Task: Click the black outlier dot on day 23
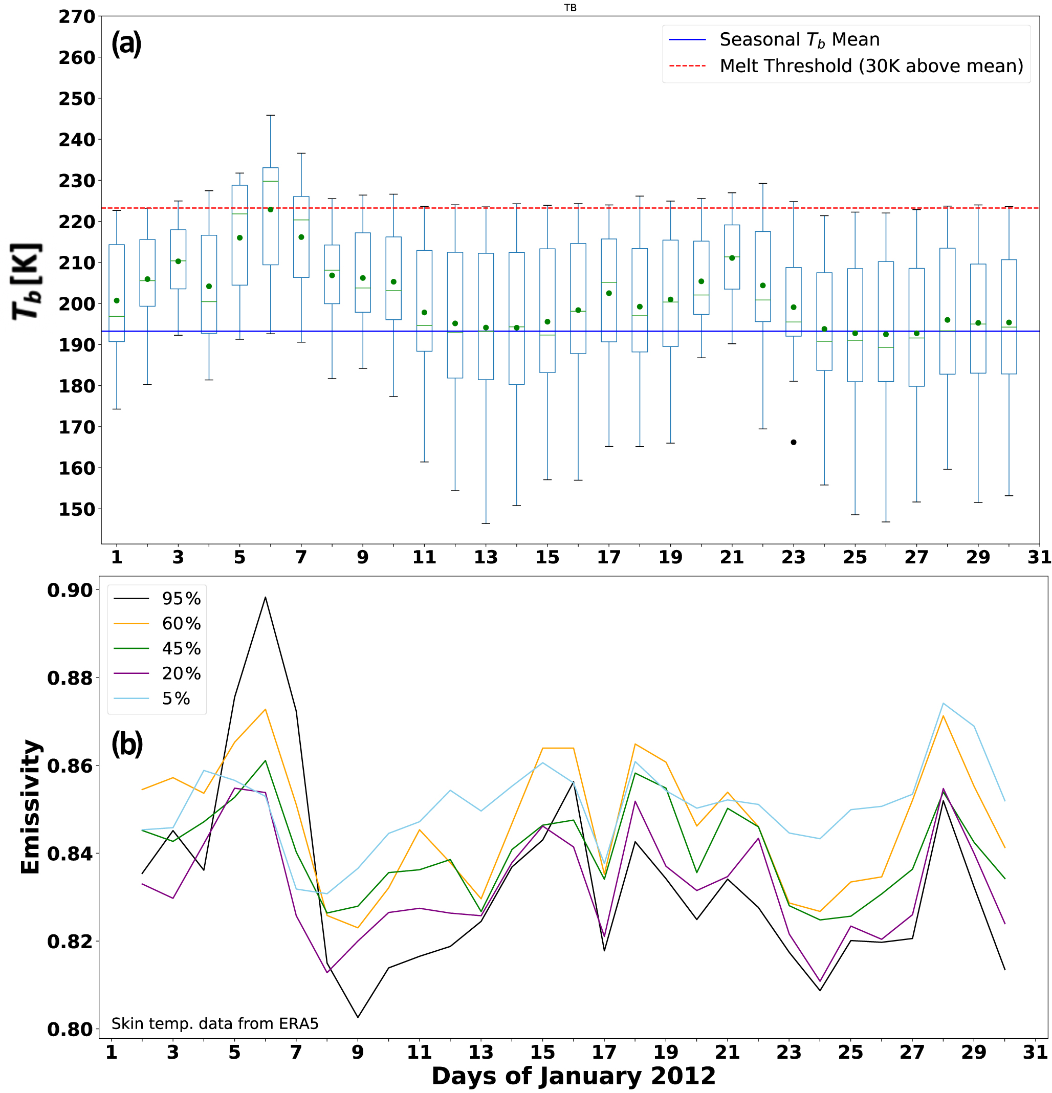point(793,442)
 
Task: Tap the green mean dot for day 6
point(270,210)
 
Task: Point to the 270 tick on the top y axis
point(77,17)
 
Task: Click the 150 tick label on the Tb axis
point(77,509)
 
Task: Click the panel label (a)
point(126,43)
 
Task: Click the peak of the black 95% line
point(266,597)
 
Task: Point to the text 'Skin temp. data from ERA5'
point(214,1023)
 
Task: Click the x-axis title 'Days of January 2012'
point(573,1076)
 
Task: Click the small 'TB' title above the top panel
point(570,8)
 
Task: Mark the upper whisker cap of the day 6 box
point(270,116)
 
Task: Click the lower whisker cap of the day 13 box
point(486,523)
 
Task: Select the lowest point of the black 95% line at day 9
point(357,1018)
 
